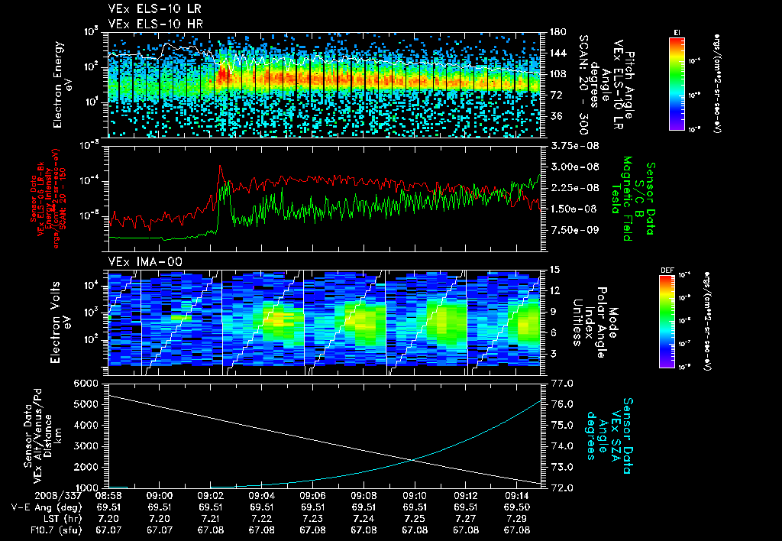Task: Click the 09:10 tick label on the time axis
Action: [x=414, y=495]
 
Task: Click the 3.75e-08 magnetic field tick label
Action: [x=573, y=145]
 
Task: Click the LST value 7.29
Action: [x=516, y=518]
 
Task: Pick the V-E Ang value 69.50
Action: [x=516, y=507]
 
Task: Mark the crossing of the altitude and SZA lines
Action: [x=413, y=459]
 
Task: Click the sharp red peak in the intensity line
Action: [x=221, y=166]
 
